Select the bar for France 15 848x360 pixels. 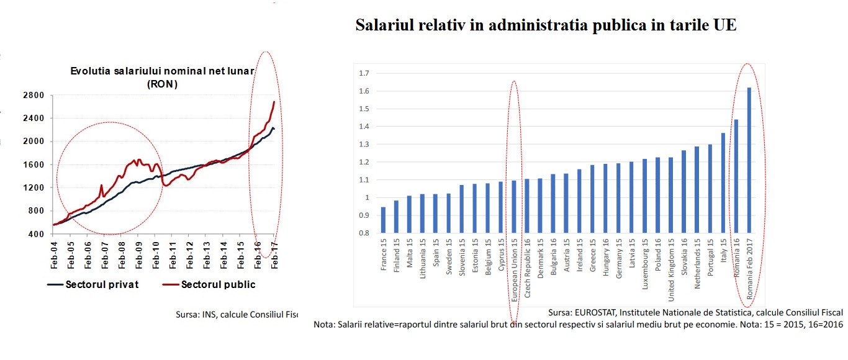point(383,220)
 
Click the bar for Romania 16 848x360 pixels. point(736,176)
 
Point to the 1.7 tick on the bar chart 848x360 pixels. point(364,73)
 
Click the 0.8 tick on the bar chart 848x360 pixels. point(364,233)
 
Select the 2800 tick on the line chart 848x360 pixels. point(34,96)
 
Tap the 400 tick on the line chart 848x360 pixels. point(37,234)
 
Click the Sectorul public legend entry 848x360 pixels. point(218,284)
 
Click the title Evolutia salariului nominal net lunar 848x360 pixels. point(162,71)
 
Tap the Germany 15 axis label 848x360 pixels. point(619,260)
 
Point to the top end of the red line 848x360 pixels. point(274,102)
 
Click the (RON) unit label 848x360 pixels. point(163,84)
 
